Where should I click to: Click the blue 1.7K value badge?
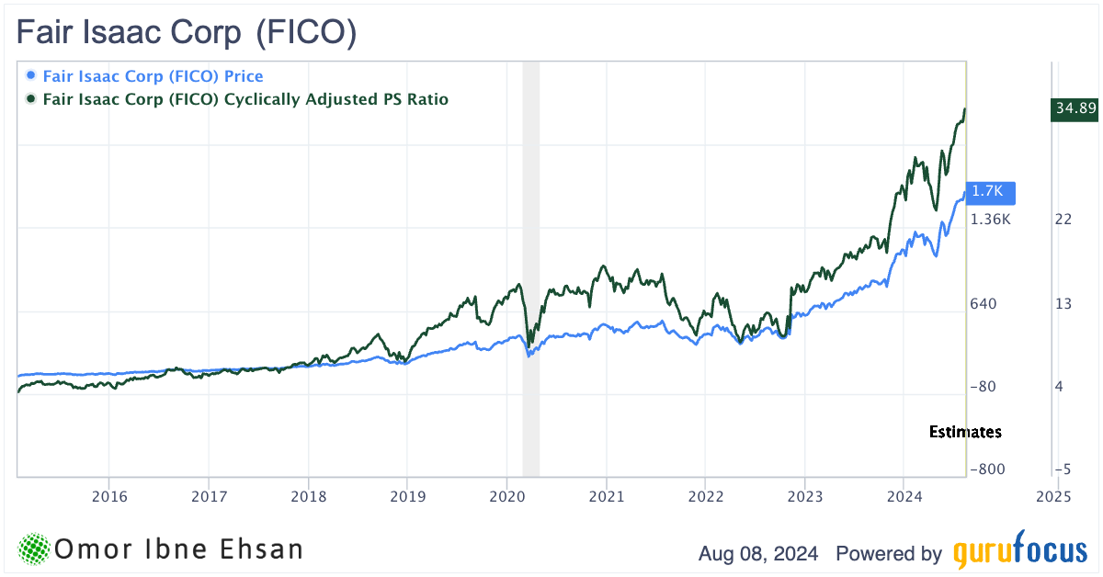[991, 192]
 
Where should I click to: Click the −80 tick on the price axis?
[984, 387]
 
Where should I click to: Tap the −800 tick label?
[988, 470]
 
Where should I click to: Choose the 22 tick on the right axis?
[1063, 219]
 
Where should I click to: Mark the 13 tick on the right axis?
[1063, 303]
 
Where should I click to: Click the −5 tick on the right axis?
[1063, 470]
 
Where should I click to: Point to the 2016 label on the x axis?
[108, 496]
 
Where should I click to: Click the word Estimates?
[965, 432]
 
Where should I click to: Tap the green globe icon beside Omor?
[34, 549]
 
